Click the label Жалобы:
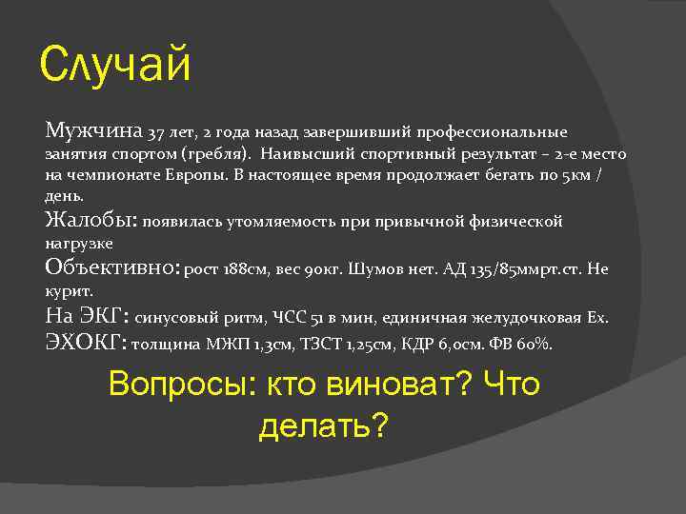coord(91,221)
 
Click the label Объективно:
coord(112,268)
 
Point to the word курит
coord(65,291)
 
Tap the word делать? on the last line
coord(324,425)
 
